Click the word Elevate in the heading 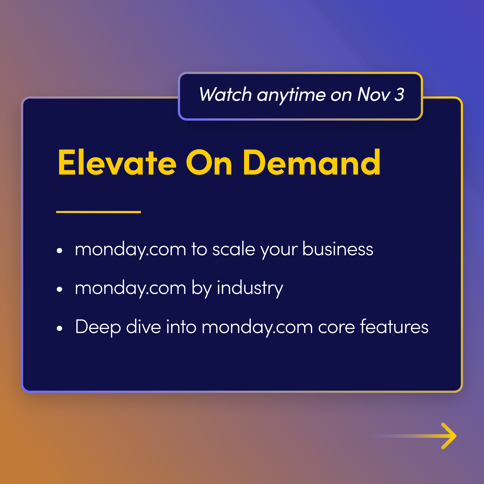tap(117, 162)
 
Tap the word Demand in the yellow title tap(311, 162)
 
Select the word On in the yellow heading tap(209, 162)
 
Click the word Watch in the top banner tap(225, 95)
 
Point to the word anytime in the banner tap(291, 95)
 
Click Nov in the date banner tap(373, 95)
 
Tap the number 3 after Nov tap(399, 95)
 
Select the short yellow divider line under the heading tap(98, 212)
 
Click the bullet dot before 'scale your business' tap(59, 250)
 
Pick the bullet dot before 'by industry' tap(59, 289)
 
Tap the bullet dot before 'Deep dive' tap(59, 328)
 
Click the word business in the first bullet tap(338, 249)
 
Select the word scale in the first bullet tap(234, 249)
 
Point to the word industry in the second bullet tap(250, 288)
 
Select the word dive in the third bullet tap(143, 327)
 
